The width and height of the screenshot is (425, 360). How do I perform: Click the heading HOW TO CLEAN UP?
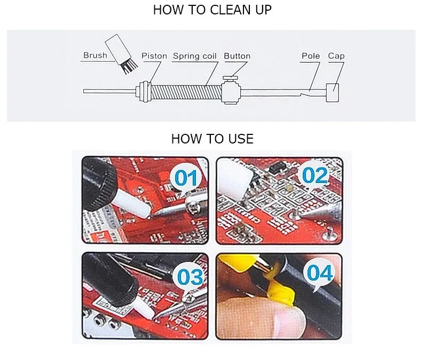[x=212, y=10]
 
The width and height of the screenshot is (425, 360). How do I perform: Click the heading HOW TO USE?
[x=212, y=139]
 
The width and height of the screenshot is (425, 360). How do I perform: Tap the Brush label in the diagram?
[x=95, y=55]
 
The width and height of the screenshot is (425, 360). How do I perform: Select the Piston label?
[x=154, y=56]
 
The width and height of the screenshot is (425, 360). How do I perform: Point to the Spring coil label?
[x=194, y=56]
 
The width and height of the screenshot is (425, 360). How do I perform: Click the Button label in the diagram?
[x=237, y=56]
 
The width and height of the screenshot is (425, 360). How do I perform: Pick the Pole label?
[x=311, y=56]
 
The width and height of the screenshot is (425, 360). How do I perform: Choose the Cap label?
[x=336, y=56]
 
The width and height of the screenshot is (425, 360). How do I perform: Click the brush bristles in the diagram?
[x=129, y=67]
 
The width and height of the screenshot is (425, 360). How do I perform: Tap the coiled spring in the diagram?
[x=186, y=92]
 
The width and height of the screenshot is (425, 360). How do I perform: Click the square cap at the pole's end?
[x=332, y=92]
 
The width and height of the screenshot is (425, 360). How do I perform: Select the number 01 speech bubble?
[x=186, y=179]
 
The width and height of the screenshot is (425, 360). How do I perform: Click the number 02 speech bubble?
[x=314, y=175]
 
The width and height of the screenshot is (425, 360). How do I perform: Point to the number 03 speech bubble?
[x=190, y=277]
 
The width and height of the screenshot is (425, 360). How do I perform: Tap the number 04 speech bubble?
[x=320, y=274]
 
